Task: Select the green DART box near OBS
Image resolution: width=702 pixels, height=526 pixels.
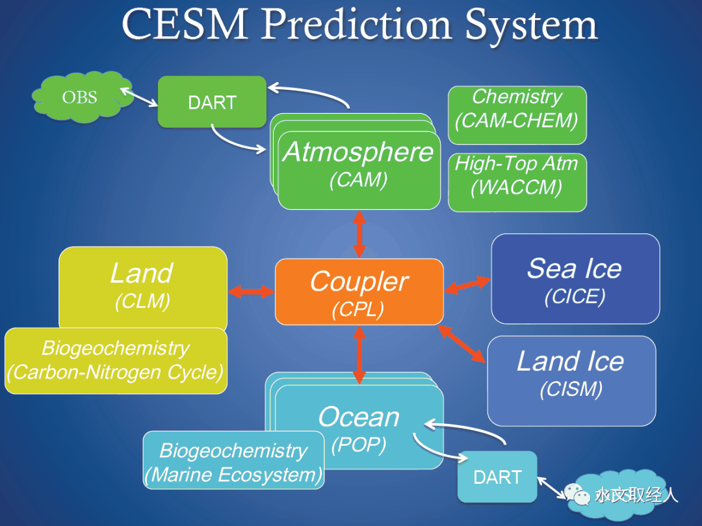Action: tap(212, 102)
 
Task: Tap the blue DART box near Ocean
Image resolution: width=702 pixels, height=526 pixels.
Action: tap(497, 477)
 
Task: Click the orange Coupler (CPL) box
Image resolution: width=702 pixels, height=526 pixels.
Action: tap(359, 292)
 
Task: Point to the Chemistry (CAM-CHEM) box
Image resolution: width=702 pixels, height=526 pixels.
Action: tap(517, 115)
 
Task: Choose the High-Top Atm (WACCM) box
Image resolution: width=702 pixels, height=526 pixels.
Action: tap(517, 182)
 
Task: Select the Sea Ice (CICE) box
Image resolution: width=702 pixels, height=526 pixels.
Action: tap(575, 278)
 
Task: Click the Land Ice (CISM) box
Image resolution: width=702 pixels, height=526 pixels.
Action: tap(572, 380)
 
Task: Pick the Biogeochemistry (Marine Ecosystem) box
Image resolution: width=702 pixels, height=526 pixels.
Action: tap(234, 460)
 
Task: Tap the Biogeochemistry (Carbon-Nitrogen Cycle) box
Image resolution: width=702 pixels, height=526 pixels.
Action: tap(116, 361)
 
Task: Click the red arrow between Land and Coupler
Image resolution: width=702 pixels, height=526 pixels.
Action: tap(251, 292)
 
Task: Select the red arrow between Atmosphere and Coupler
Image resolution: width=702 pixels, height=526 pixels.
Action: tap(359, 234)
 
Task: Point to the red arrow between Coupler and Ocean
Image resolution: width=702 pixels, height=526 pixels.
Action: tap(359, 355)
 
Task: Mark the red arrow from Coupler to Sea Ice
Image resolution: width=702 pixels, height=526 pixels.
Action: tap(467, 285)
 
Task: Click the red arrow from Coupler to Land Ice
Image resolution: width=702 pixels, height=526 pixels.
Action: tap(461, 344)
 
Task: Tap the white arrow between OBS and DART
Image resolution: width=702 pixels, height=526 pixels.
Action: tap(139, 97)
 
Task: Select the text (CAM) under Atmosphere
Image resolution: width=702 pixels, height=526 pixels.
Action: tap(359, 180)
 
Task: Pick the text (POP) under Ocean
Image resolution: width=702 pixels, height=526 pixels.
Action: tap(359, 445)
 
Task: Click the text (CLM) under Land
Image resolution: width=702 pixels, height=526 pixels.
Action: tap(142, 301)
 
